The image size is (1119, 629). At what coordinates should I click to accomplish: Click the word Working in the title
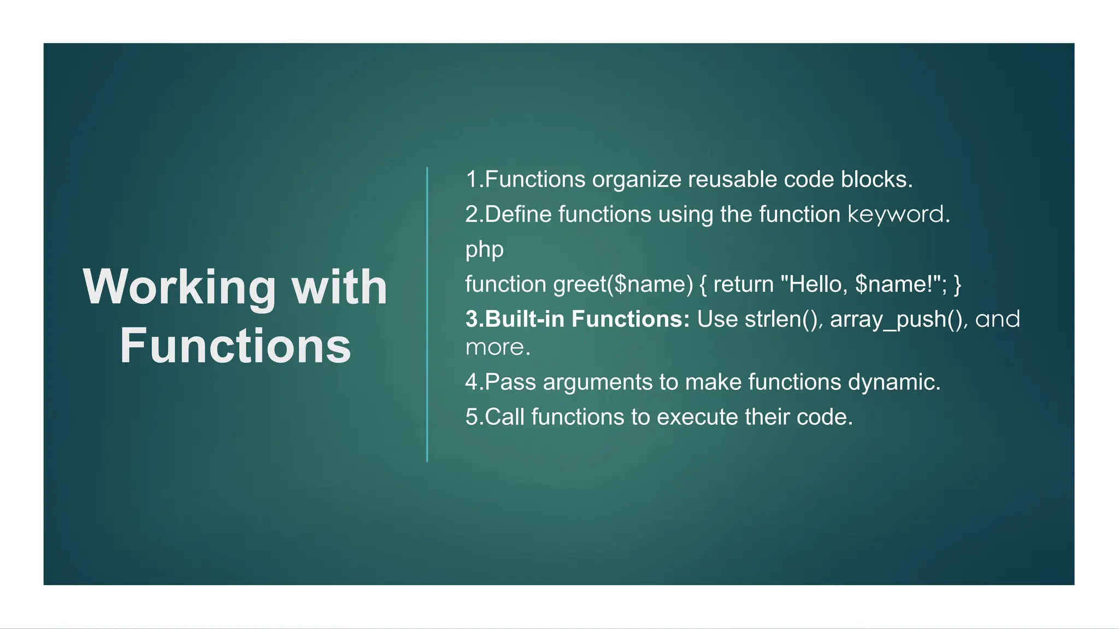(180, 287)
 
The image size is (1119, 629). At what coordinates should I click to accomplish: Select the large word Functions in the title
(235, 346)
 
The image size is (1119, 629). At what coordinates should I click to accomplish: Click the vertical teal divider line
(427, 314)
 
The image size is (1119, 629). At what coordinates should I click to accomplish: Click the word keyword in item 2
(896, 215)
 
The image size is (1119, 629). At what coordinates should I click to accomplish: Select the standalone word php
(484, 250)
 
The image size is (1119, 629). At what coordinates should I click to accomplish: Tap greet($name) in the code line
(623, 284)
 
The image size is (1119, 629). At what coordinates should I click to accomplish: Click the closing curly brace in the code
(957, 284)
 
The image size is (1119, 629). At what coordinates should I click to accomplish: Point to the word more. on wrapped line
(498, 348)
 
